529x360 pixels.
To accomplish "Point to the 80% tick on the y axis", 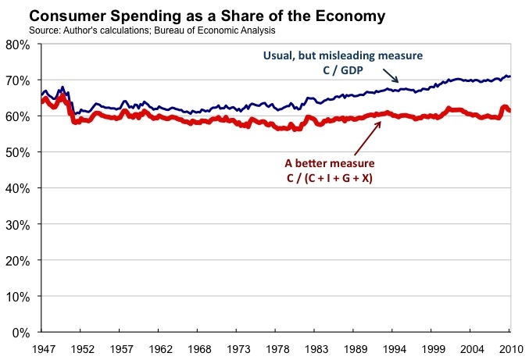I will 17,45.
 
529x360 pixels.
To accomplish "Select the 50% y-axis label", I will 17,151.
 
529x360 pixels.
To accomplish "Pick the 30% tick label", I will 17,224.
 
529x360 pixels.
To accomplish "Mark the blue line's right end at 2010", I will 509,77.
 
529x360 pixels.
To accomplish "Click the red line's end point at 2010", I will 509,111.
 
